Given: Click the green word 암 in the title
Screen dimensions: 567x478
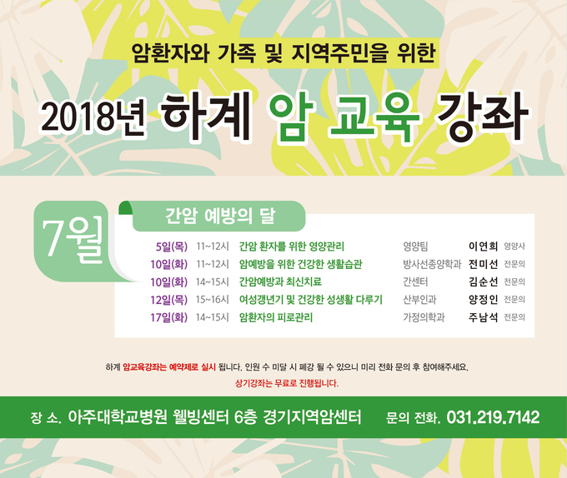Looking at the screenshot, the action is [292, 117].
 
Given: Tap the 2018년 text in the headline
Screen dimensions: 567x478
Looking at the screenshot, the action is [93, 117].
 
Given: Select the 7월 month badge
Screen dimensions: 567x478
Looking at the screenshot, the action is [73, 241].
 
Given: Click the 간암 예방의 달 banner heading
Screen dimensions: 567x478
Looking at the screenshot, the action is [220, 217].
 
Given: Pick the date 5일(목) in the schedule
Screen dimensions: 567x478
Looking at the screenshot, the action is [172, 246].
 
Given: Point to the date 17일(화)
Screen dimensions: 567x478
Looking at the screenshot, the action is [169, 318].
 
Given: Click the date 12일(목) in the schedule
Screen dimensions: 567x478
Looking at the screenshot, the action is [169, 300].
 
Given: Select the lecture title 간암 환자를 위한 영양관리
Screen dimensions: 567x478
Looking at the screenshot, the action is [292, 246].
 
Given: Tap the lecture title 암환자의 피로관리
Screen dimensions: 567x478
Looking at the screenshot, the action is [276, 318].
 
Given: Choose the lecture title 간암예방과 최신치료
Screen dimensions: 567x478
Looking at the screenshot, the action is [280, 282].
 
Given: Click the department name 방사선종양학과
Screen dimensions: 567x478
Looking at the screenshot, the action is [432, 264].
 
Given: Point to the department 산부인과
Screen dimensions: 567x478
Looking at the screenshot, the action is [419, 300].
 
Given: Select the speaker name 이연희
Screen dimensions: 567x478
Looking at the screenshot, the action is [483, 246].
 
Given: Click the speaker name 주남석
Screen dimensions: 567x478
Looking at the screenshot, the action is [483, 318].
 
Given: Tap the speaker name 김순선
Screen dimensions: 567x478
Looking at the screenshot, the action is [483, 282].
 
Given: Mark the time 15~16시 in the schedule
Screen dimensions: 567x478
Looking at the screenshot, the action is [213, 300].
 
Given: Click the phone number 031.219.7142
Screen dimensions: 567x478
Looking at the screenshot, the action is [494, 417].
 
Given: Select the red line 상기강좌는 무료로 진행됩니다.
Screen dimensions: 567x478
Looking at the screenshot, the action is [287, 383].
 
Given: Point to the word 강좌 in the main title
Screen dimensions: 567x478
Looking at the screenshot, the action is [482, 117].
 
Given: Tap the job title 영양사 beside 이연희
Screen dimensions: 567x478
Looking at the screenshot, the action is [514, 246].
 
